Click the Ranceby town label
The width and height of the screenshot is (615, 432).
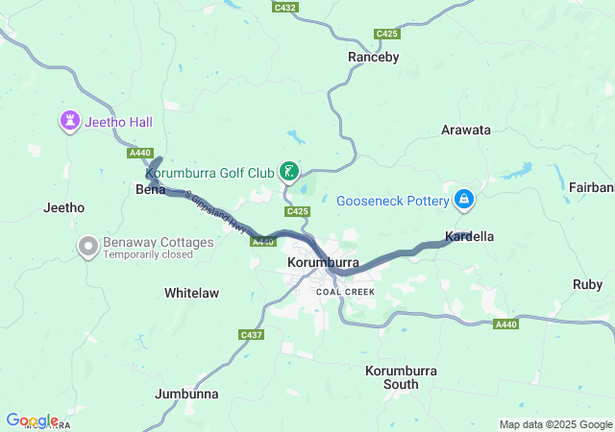[372, 58]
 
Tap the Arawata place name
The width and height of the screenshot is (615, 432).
[465, 130]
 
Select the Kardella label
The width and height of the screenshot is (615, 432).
[470, 236]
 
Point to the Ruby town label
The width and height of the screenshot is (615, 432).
[587, 284]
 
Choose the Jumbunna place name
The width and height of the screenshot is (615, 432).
[186, 394]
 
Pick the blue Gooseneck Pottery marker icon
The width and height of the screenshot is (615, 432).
[464, 200]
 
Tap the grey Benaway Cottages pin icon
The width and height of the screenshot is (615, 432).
[88, 248]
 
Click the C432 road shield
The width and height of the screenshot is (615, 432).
[284, 8]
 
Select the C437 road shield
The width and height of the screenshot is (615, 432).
[251, 334]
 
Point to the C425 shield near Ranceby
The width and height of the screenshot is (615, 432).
[387, 34]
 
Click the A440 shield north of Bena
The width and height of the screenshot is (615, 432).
[139, 153]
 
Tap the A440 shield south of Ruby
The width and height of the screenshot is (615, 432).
[506, 325]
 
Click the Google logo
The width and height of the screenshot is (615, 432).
[32, 420]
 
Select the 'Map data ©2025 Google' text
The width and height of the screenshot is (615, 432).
[554, 424]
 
